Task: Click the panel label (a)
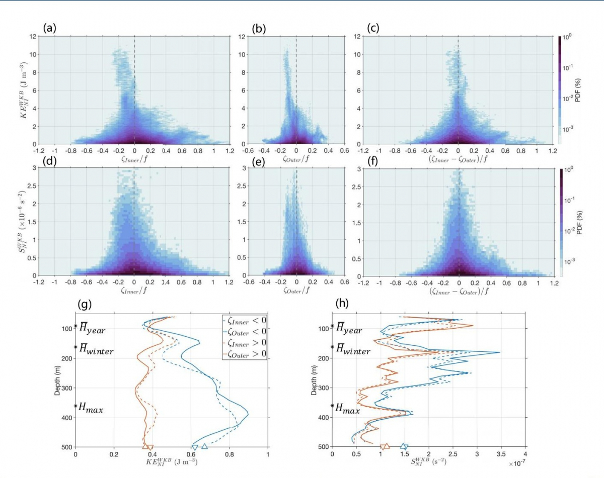(x=49, y=28)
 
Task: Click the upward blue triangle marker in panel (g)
(x=204, y=446)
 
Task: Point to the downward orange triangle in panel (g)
(x=150, y=447)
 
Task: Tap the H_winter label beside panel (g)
(x=99, y=350)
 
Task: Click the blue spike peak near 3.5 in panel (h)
(x=499, y=352)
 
